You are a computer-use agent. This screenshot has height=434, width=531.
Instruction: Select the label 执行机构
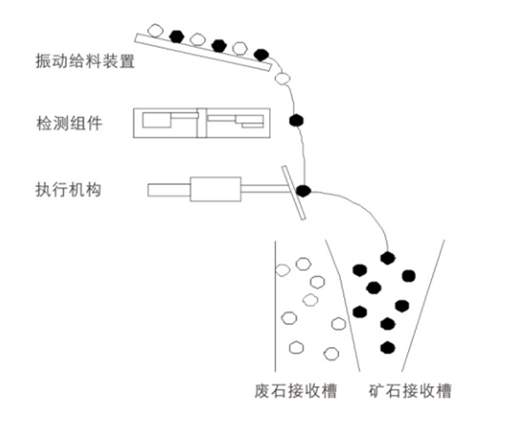[x=71, y=189]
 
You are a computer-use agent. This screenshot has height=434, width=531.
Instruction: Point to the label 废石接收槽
[x=295, y=391]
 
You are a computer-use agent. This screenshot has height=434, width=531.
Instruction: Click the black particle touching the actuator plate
[x=303, y=190]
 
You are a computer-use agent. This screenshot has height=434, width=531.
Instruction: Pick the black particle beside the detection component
[x=297, y=120]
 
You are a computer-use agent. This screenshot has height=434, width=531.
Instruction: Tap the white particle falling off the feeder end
[x=282, y=78]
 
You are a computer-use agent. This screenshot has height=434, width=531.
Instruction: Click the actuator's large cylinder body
[x=215, y=189]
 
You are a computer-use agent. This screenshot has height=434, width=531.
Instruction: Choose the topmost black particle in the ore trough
[x=387, y=258]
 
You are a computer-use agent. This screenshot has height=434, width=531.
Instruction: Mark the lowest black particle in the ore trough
[x=386, y=345]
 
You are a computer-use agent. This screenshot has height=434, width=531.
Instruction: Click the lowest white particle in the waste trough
[x=331, y=353]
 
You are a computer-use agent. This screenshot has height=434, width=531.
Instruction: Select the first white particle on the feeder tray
[x=156, y=30]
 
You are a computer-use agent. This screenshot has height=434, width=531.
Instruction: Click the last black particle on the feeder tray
[x=260, y=54]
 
